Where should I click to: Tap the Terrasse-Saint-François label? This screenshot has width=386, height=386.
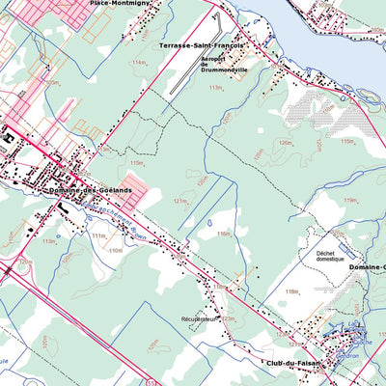tap(200, 45)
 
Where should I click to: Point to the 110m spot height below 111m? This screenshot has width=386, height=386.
tap(115, 250)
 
